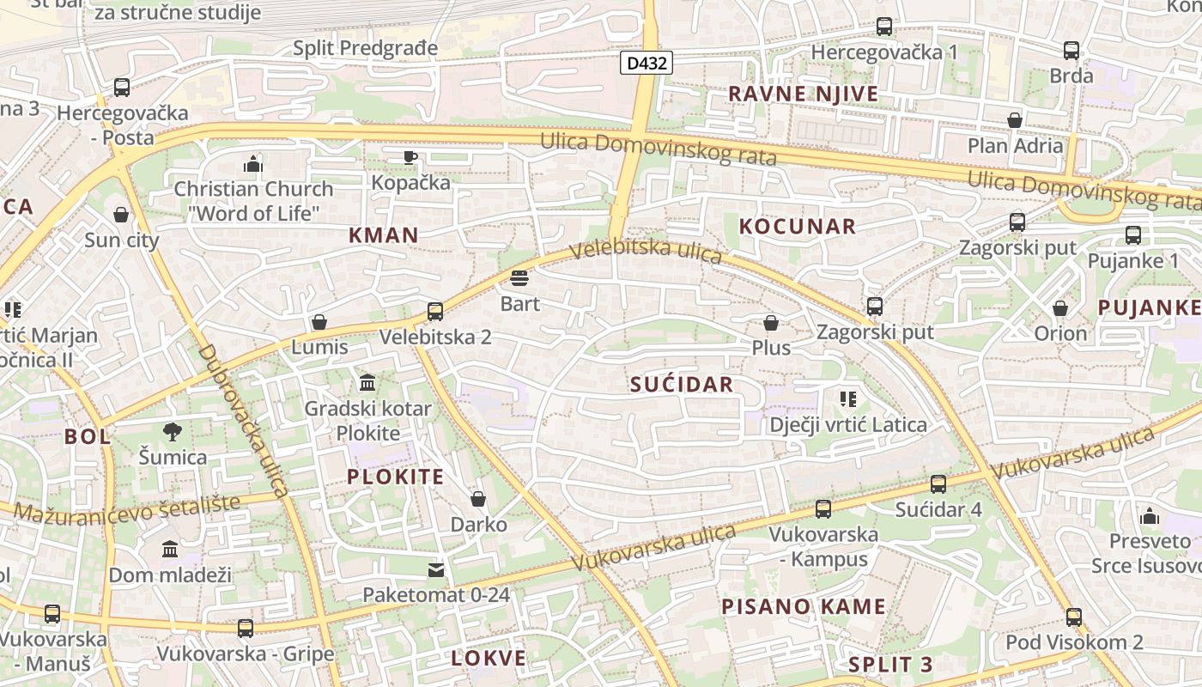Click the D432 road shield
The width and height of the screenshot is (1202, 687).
pos(646,63)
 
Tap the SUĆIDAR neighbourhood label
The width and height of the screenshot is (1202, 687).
pos(682,384)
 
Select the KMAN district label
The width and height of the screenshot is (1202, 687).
pos(384,234)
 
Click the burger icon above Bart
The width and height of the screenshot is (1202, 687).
pos(519,278)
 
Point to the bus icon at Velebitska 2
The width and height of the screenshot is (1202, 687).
pos(435,311)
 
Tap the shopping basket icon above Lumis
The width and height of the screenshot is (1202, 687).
pos(319,322)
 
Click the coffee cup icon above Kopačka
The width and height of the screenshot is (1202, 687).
pos(410,157)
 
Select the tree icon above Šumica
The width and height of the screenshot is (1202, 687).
pos(173,432)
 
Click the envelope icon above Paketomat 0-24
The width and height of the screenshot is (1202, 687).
pos(436,569)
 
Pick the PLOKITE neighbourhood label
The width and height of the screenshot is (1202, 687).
pos(396,477)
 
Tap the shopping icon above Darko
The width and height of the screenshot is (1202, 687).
pos(478,499)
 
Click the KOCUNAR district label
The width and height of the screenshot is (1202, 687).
pos(798,226)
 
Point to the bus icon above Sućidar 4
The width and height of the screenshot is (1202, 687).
pos(938,484)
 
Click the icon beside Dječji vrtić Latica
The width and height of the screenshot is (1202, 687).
pos(848,399)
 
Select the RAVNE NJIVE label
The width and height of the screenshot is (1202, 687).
pos(804,94)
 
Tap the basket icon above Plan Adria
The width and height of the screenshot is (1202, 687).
pos(1015,120)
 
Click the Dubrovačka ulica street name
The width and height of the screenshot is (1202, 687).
pos(242,421)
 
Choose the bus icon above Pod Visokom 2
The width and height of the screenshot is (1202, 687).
pos(1074,617)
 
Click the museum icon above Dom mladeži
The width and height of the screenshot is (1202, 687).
pos(170,550)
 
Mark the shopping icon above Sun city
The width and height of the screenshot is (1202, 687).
pos(121,215)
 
